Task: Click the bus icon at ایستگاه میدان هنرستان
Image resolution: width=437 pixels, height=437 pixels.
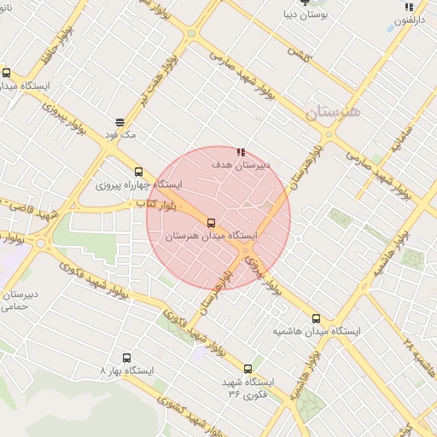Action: pos(211,224)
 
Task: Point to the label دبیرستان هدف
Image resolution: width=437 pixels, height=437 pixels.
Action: pos(240,163)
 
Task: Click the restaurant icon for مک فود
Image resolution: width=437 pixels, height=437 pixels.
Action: pos(118,123)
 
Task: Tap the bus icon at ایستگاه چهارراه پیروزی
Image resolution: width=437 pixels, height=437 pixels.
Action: pos(138,172)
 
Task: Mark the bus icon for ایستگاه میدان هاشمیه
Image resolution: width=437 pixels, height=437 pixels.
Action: pos(317,318)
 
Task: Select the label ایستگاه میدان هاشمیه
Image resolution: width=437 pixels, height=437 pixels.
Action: pos(317,330)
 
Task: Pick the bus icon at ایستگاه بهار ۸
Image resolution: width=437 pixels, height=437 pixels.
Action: pos(127,358)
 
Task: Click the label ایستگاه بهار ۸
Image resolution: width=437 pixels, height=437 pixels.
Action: pos(126,371)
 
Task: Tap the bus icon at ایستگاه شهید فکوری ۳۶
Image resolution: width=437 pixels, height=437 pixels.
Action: pos(248,369)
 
